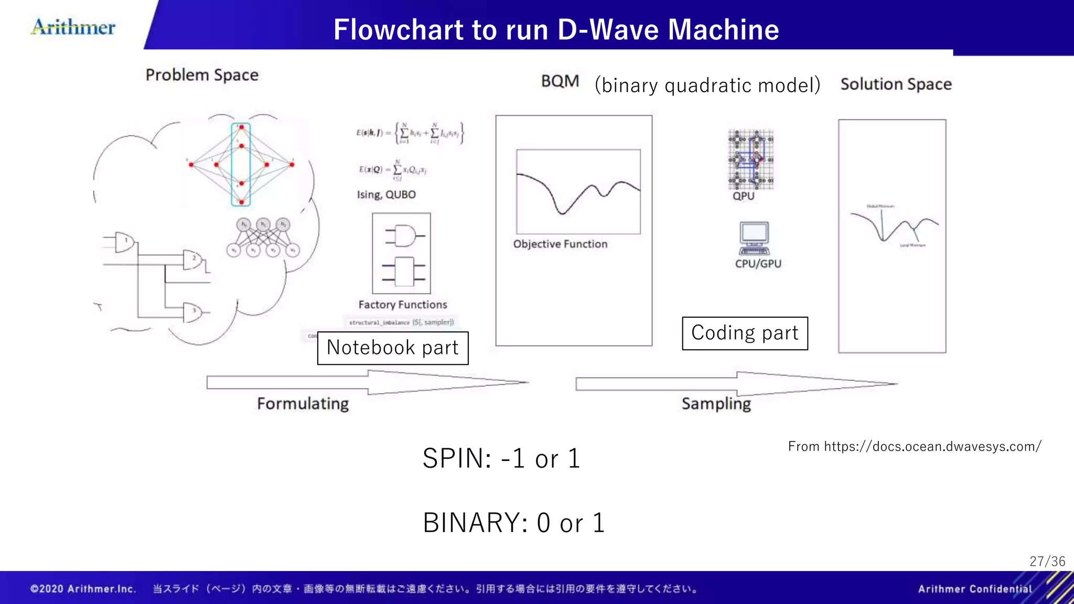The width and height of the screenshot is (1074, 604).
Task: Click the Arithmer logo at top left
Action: pos(73,27)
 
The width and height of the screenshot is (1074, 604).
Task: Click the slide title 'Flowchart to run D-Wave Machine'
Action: pos(556,29)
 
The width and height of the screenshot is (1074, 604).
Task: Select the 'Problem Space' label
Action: pos(202,75)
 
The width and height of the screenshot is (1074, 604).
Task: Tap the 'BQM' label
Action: pos(560,81)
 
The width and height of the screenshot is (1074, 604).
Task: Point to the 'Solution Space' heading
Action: pos(896,84)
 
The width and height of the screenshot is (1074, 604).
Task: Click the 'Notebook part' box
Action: pos(393,348)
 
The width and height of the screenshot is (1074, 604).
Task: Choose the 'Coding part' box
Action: pos(745,333)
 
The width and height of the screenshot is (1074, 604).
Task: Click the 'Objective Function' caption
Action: pos(560,244)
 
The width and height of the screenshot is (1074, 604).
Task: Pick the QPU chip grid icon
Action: pos(750,159)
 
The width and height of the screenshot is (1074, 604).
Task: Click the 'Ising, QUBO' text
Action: pos(386,195)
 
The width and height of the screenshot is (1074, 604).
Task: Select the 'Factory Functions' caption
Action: pos(403,305)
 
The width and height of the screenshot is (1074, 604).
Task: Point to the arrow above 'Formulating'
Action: pos(367,382)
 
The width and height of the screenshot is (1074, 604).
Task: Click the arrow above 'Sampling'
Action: pos(736,384)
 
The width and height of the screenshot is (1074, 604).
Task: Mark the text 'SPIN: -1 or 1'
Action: pos(501,458)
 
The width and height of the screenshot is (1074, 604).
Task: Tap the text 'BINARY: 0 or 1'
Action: pos(514,523)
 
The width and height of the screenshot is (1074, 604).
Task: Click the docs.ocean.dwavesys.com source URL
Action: pos(932,446)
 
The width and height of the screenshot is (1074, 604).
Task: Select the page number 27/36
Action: pos(1047,562)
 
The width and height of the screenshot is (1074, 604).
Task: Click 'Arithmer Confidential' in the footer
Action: pos(974,589)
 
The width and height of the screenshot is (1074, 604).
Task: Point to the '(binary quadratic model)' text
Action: pos(707,85)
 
